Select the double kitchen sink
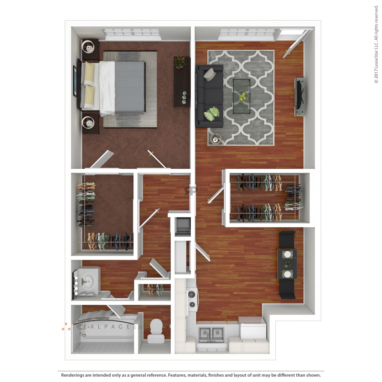(211, 334)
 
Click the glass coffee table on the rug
(242, 96)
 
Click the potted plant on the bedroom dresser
(180, 61)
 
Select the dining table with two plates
(287, 264)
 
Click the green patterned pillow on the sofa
(212, 114)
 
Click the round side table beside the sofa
(216, 139)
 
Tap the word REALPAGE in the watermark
(103, 326)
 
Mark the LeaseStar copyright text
(376, 44)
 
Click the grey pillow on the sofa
(210, 74)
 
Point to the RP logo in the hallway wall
(191, 191)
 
